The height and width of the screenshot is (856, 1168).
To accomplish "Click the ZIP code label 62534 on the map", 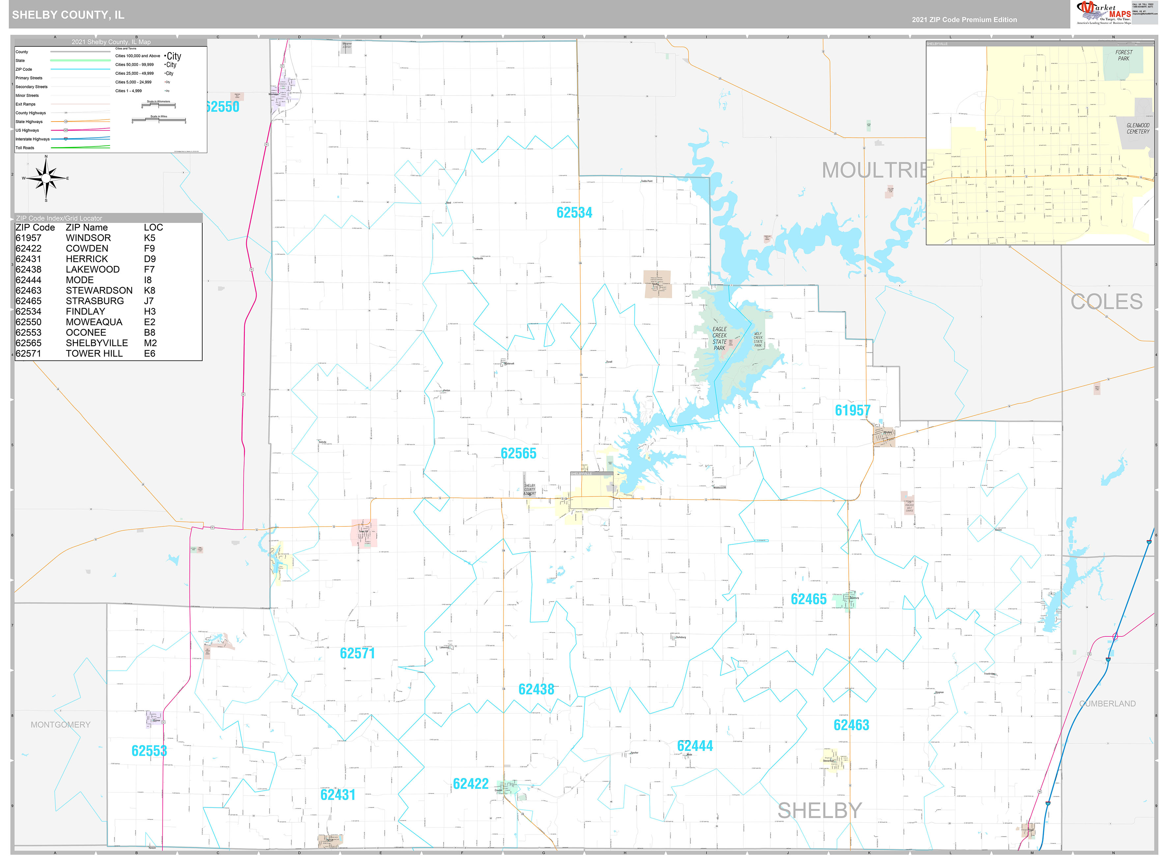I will [x=574, y=212].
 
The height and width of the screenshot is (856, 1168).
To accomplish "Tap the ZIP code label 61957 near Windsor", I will [x=852, y=410].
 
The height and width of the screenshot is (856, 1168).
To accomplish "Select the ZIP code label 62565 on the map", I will [x=518, y=453].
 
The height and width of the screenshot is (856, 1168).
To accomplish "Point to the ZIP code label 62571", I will [x=357, y=654].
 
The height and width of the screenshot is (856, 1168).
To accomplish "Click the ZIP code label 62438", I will [x=536, y=689].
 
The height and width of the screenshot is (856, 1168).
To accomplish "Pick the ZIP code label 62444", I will [x=695, y=746].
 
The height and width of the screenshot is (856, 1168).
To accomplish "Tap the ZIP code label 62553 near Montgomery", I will [x=149, y=751].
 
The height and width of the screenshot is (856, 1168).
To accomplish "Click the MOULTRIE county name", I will [x=873, y=171].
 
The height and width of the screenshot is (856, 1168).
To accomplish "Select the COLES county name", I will [x=1106, y=302].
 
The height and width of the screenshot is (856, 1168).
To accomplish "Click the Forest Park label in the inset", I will [x=1124, y=55].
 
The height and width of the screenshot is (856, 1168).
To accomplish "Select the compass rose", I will [x=46, y=178].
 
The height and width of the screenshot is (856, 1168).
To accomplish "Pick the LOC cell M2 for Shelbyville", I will [x=150, y=343].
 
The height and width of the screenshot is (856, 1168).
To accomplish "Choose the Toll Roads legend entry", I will [x=25, y=148].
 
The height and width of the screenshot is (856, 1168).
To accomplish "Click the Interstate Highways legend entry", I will [x=32, y=139].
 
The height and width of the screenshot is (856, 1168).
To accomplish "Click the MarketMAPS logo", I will [x=1103, y=13].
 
